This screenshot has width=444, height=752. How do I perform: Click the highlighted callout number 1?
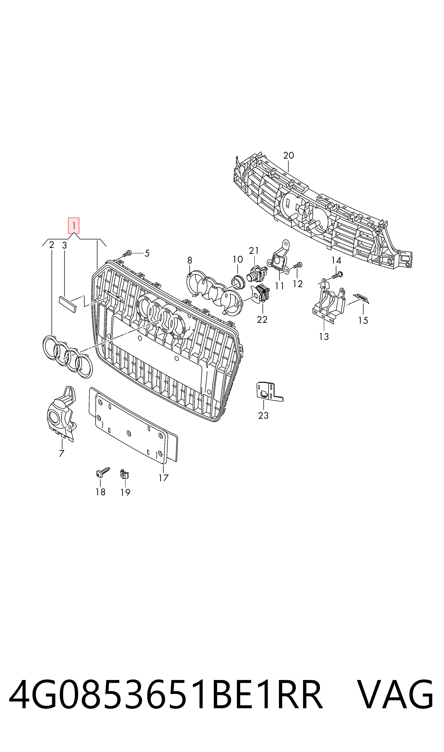pos(74,225)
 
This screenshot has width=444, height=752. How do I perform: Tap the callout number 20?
pos(289,155)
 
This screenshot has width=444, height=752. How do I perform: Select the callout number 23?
pos(263,415)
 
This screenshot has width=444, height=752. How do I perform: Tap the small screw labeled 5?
pos(127,254)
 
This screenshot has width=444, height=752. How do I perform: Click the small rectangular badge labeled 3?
pos(68,304)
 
